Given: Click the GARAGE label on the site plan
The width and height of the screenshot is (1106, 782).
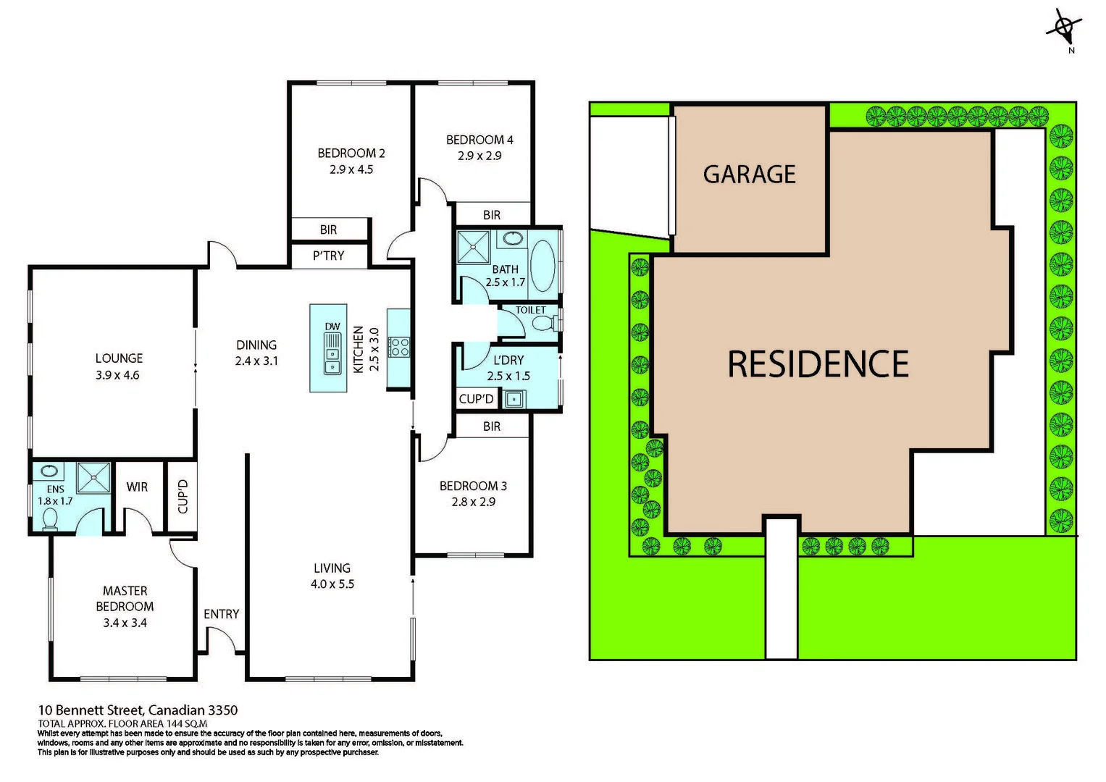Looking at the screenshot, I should pos(749,175).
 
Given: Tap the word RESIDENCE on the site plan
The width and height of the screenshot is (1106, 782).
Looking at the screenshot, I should pos(818,364).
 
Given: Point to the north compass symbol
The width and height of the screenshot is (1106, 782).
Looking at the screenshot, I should pos(1064,29).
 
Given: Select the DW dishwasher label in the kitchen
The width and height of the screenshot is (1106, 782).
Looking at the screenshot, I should pos(332,327).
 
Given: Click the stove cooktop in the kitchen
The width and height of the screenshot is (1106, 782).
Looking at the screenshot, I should pos(399,347).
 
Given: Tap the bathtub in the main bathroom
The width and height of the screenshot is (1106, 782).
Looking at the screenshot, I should pos(542,264).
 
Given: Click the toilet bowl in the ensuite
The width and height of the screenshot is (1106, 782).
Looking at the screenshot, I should pos(50,519).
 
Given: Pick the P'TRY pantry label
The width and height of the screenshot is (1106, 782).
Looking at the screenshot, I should pos(328,256).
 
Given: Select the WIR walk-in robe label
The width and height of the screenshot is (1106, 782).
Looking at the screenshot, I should pos(137,487).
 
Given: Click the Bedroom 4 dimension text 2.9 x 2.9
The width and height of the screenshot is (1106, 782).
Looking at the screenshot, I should pos(479,156).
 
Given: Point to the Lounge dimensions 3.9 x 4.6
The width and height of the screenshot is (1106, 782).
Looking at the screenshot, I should pos(117,375).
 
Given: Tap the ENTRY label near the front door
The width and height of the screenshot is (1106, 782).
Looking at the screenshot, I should pos(221,614).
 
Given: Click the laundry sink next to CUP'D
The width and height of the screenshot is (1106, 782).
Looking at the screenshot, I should pos(514,399).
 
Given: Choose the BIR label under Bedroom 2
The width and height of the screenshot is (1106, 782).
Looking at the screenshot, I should pos(328,230).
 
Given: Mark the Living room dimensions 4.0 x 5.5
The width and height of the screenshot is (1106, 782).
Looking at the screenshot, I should pos(332,584).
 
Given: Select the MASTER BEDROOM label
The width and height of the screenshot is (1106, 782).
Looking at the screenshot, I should pos(125,599).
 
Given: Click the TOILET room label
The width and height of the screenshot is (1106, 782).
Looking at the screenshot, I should pos(530,310).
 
